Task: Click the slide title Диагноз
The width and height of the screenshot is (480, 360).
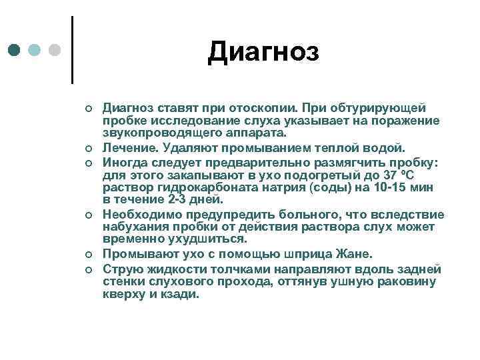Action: pos(263,51)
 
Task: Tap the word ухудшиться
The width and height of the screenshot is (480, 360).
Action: pos(208,239)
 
